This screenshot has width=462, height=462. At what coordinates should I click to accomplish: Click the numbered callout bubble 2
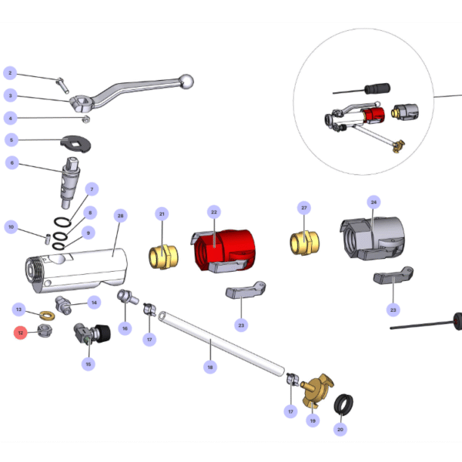tap(10, 73)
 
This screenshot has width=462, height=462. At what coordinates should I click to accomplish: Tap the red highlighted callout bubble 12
tap(21, 333)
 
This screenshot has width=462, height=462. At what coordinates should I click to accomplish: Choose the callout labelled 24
tap(373, 203)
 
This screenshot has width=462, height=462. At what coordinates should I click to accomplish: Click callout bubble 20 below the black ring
tap(340, 430)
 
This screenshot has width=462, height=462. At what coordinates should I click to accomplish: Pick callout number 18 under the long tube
tap(209, 368)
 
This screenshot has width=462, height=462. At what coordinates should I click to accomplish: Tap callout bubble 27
tap(304, 209)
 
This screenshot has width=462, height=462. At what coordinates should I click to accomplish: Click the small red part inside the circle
tap(377, 113)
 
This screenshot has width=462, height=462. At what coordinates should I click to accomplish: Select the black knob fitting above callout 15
tap(100, 333)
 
